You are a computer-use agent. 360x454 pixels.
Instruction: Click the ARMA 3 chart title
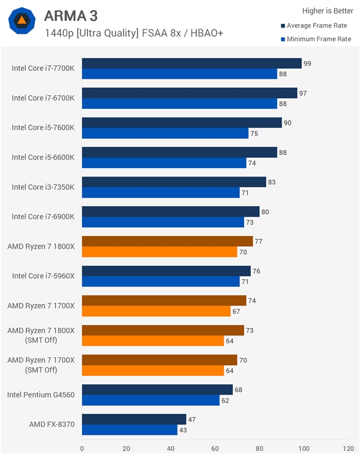(x=70, y=15)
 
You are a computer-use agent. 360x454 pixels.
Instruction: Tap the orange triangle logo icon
(x=22, y=21)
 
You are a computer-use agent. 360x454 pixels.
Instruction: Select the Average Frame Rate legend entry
(x=316, y=26)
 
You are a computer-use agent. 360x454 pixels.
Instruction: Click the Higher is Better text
(x=326, y=10)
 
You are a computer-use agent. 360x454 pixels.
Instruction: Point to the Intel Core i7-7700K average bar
(x=191, y=63)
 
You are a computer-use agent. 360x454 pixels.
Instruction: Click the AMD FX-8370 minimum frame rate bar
(x=130, y=430)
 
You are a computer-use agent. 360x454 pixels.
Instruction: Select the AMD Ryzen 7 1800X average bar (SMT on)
(x=167, y=241)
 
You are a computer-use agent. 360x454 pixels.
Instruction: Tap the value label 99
(x=307, y=63)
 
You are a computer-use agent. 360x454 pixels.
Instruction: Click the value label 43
(x=183, y=431)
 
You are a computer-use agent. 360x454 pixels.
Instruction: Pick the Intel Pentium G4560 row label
(x=41, y=395)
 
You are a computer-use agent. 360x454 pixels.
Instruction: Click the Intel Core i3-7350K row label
(x=43, y=187)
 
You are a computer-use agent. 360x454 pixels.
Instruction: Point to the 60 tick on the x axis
(x=215, y=447)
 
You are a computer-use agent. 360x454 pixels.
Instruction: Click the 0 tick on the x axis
(x=82, y=447)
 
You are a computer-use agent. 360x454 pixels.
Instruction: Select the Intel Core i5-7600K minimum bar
(x=165, y=133)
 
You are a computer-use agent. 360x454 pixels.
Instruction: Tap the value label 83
(x=272, y=181)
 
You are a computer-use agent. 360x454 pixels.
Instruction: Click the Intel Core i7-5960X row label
(x=43, y=276)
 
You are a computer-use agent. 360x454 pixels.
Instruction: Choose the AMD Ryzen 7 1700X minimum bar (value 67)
(x=156, y=311)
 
